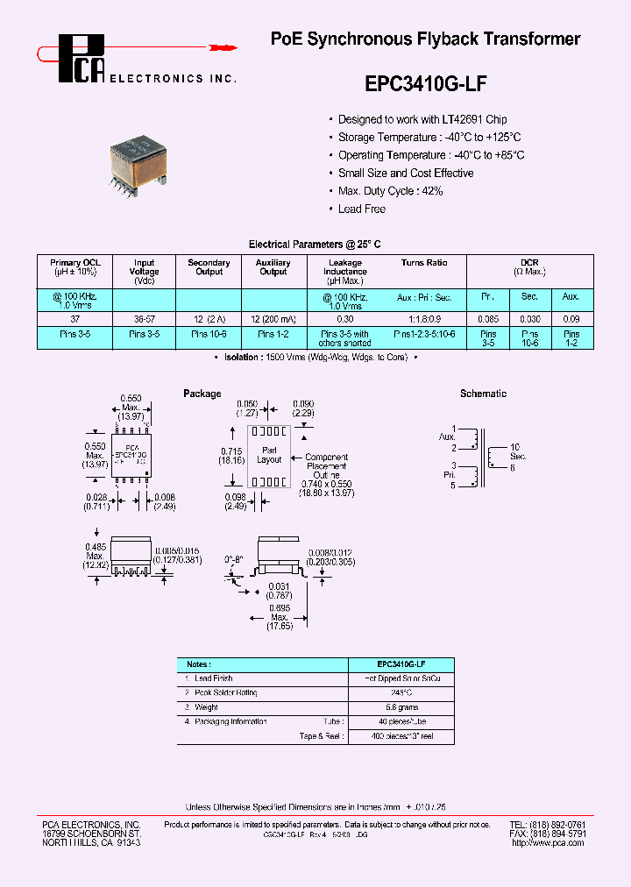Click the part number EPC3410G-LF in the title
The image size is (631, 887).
click(424, 84)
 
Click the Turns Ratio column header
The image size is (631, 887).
click(424, 263)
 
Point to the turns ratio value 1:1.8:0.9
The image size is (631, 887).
click(424, 319)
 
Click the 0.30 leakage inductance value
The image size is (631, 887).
click(344, 319)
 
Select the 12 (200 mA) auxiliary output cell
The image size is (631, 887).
click(273, 319)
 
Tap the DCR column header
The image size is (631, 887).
click(529, 263)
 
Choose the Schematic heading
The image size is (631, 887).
click(483, 394)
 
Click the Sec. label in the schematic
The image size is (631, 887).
click(519, 457)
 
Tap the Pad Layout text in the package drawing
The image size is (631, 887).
click(269, 455)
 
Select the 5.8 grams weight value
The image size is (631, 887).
click(401, 706)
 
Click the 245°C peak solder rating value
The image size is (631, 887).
click(401, 692)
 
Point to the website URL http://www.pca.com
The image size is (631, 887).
click(547, 842)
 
